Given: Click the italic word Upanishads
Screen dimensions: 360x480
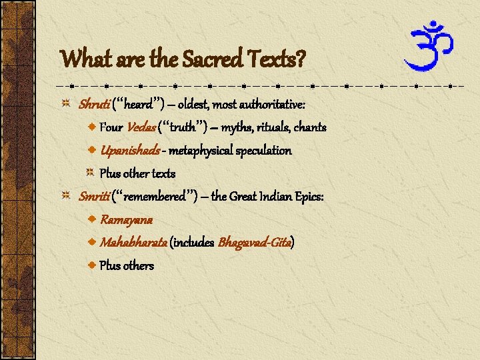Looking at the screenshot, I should pos(129,151).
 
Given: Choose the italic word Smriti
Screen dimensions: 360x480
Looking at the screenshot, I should pos(94,197).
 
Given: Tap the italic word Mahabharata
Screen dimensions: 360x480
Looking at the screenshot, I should pos(133,243).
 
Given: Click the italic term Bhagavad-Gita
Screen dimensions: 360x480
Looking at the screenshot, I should pos(255,243).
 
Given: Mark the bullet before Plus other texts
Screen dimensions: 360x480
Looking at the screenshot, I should pos(92,173).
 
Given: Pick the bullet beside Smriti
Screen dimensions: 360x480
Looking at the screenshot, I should pos(66,197).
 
